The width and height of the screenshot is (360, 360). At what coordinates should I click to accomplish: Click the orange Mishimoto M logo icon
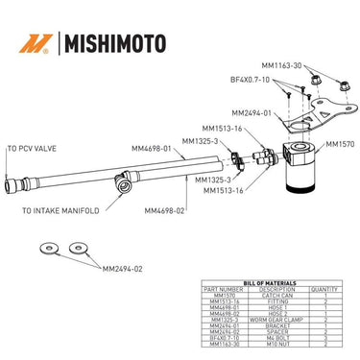pos(36,43)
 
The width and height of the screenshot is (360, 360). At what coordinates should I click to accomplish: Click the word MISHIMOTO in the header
pos(112,43)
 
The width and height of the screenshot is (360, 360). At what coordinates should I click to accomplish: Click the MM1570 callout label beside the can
pos(340,144)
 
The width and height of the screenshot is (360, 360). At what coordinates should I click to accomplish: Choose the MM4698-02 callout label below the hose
pos(164,210)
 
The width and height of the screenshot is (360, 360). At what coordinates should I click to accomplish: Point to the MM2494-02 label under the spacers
pos(122,269)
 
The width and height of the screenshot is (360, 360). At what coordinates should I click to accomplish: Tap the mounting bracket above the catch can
pos(317,108)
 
